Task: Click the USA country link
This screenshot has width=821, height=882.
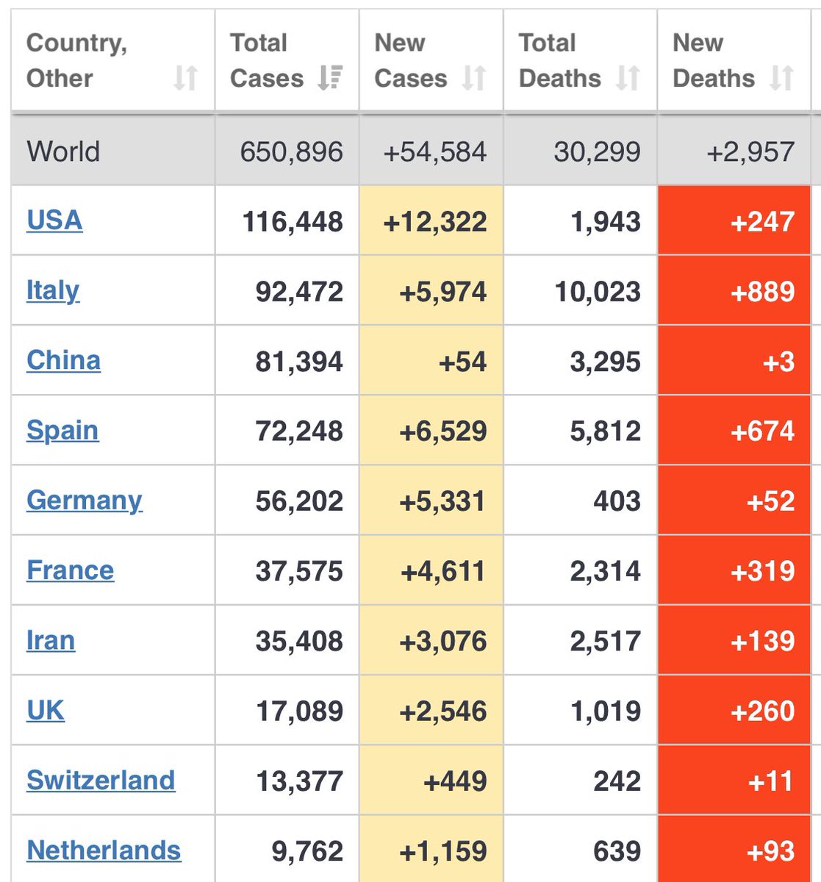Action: pyautogui.click(x=54, y=220)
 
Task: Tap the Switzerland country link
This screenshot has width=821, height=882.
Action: pyautogui.click(x=101, y=780)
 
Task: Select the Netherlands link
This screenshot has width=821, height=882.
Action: pyautogui.click(x=104, y=850)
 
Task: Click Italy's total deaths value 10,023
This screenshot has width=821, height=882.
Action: pyautogui.click(x=598, y=291)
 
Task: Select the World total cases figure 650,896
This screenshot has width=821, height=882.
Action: pyautogui.click(x=291, y=152)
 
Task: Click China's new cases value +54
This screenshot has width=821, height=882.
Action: pyautogui.click(x=462, y=361)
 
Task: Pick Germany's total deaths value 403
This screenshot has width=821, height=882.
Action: pyautogui.click(x=617, y=501)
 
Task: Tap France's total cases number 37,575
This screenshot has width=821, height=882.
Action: pyautogui.click(x=299, y=571)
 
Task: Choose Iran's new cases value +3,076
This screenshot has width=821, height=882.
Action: pyautogui.click(x=442, y=641)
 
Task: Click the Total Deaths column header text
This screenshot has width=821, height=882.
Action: pyautogui.click(x=559, y=60)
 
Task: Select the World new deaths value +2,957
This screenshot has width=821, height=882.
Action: pyautogui.click(x=750, y=152)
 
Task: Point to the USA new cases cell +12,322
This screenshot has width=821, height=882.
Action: pyautogui.click(x=435, y=221)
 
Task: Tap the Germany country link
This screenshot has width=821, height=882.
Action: pyautogui.click(x=85, y=501)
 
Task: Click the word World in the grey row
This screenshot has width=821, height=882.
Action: pyautogui.click(x=63, y=152)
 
